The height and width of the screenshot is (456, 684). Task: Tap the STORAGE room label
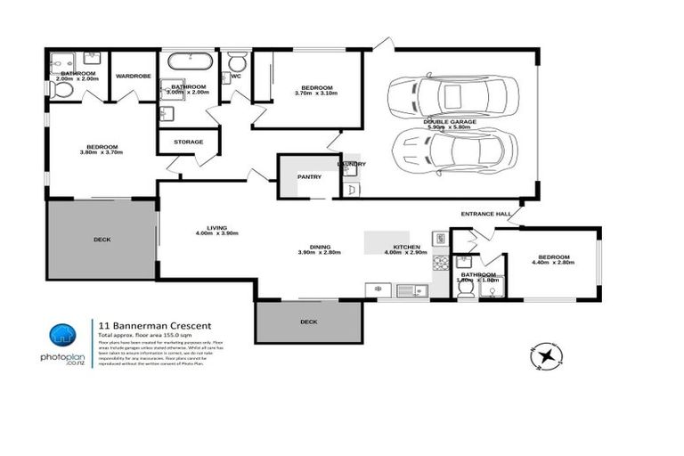(188, 142)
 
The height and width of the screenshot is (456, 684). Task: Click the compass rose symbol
(545, 356)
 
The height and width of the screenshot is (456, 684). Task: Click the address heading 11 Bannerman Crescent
(148, 326)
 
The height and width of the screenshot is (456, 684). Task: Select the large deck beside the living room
(102, 240)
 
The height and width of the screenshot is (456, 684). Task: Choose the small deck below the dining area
(308, 321)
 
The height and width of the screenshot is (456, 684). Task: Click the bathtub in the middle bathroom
(191, 63)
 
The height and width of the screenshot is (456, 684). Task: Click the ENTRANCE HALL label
(484, 215)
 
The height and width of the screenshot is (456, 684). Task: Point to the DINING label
(321, 247)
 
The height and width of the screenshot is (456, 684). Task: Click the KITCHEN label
(406, 247)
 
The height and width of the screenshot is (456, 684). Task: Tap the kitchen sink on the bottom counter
(411, 289)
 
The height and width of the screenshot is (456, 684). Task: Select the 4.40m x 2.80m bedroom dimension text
(550, 263)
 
